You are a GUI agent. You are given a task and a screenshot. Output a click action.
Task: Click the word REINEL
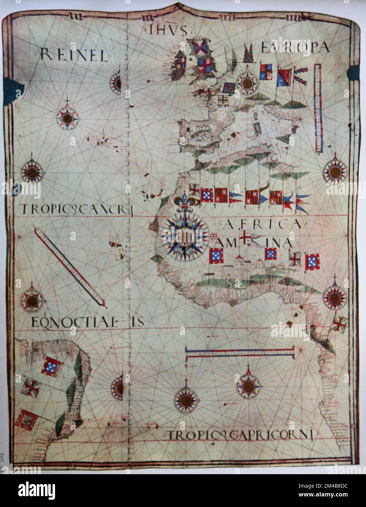pyautogui.click(x=74, y=55)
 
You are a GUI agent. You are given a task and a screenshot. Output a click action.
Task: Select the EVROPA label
pyautogui.click(x=295, y=47)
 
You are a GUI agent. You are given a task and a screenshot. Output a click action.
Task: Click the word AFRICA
pyautogui.click(x=262, y=224)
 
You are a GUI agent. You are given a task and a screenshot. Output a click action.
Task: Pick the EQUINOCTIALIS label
pyautogui.click(x=87, y=322)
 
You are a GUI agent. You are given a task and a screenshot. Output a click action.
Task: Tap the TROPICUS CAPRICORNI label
pyautogui.click(x=241, y=435)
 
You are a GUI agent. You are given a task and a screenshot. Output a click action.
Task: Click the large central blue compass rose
pyautogui.click(x=185, y=236)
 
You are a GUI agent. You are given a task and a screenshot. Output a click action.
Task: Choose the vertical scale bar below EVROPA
pyautogui.click(x=318, y=108)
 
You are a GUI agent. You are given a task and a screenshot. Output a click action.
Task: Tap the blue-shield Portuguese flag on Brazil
pyautogui.click(x=51, y=366)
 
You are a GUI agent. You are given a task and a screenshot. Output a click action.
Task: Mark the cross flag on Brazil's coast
pyautogui.click(x=30, y=387)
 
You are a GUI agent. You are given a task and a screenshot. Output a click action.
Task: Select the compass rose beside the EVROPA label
pyautogui.click(x=248, y=82)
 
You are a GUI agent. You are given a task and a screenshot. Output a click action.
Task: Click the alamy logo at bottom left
pyautogui.click(x=36, y=491)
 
